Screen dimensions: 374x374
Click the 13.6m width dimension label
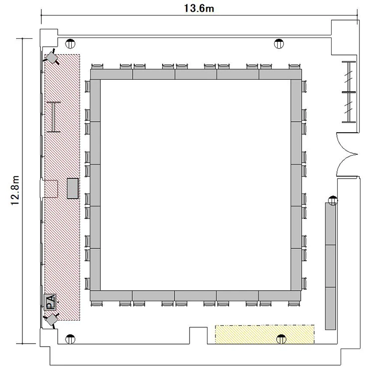[x=199, y=8]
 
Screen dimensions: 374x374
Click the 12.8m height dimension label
[x=15, y=190]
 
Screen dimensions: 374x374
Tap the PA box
[x=50, y=302]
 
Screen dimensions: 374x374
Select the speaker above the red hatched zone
[x=51, y=57]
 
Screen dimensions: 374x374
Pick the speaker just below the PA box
[x=51, y=320]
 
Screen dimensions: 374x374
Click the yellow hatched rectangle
[x=265, y=335]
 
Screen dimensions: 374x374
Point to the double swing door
[x=347, y=155]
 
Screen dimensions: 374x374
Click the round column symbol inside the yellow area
[x=281, y=340]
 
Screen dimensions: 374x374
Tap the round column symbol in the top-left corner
[x=70, y=44]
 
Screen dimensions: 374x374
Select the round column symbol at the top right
[x=279, y=44]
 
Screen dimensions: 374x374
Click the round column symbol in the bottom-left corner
[x=70, y=339]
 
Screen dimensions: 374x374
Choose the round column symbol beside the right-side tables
[x=333, y=200]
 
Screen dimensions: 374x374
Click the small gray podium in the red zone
[x=72, y=188]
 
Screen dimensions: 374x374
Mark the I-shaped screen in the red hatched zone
[x=54, y=117]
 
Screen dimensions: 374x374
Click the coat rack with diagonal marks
[x=349, y=92]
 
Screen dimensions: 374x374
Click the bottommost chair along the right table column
[x=304, y=284]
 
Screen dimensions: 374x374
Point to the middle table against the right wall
[x=331, y=266]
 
